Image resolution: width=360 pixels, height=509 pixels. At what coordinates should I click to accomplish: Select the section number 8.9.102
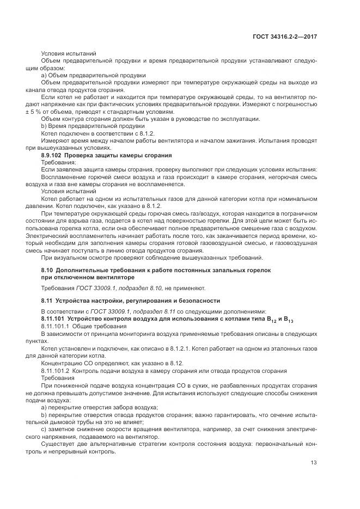click(53, 155)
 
